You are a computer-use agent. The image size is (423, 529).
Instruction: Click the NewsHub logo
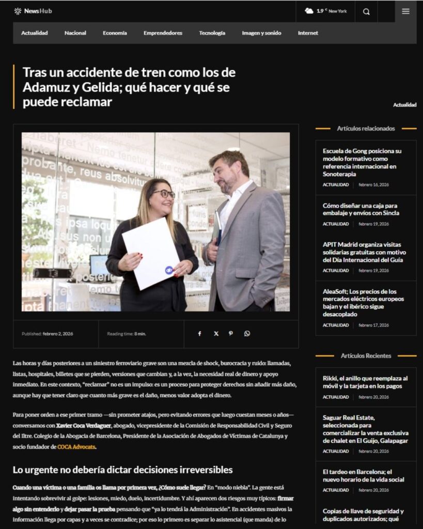(x=33, y=11)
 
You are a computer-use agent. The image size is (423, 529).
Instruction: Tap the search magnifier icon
(x=366, y=11)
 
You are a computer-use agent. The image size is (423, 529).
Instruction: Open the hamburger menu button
(x=405, y=11)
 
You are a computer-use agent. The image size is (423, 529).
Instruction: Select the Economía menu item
(x=115, y=33)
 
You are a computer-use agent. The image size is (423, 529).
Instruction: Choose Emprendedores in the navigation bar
(x=163, y=33)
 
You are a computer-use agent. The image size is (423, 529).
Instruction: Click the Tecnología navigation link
(x=212, y=33)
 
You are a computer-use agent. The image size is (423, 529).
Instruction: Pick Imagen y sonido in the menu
(x=261, y=33)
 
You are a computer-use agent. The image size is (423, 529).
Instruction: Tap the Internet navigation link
(x=308, y=33)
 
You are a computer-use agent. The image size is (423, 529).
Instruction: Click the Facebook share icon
(x=200, y=334)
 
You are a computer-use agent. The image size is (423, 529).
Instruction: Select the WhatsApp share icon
(x=247, y=334)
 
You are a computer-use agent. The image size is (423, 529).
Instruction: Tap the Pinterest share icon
(x=231, y=334)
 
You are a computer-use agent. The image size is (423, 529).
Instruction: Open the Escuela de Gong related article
(x=362, y=162)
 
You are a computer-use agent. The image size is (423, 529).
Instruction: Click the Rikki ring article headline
(x=365, y=382)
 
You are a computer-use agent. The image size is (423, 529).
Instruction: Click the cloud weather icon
(x=309, y=11)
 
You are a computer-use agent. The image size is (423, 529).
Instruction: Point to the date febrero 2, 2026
(x=58, y=334)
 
